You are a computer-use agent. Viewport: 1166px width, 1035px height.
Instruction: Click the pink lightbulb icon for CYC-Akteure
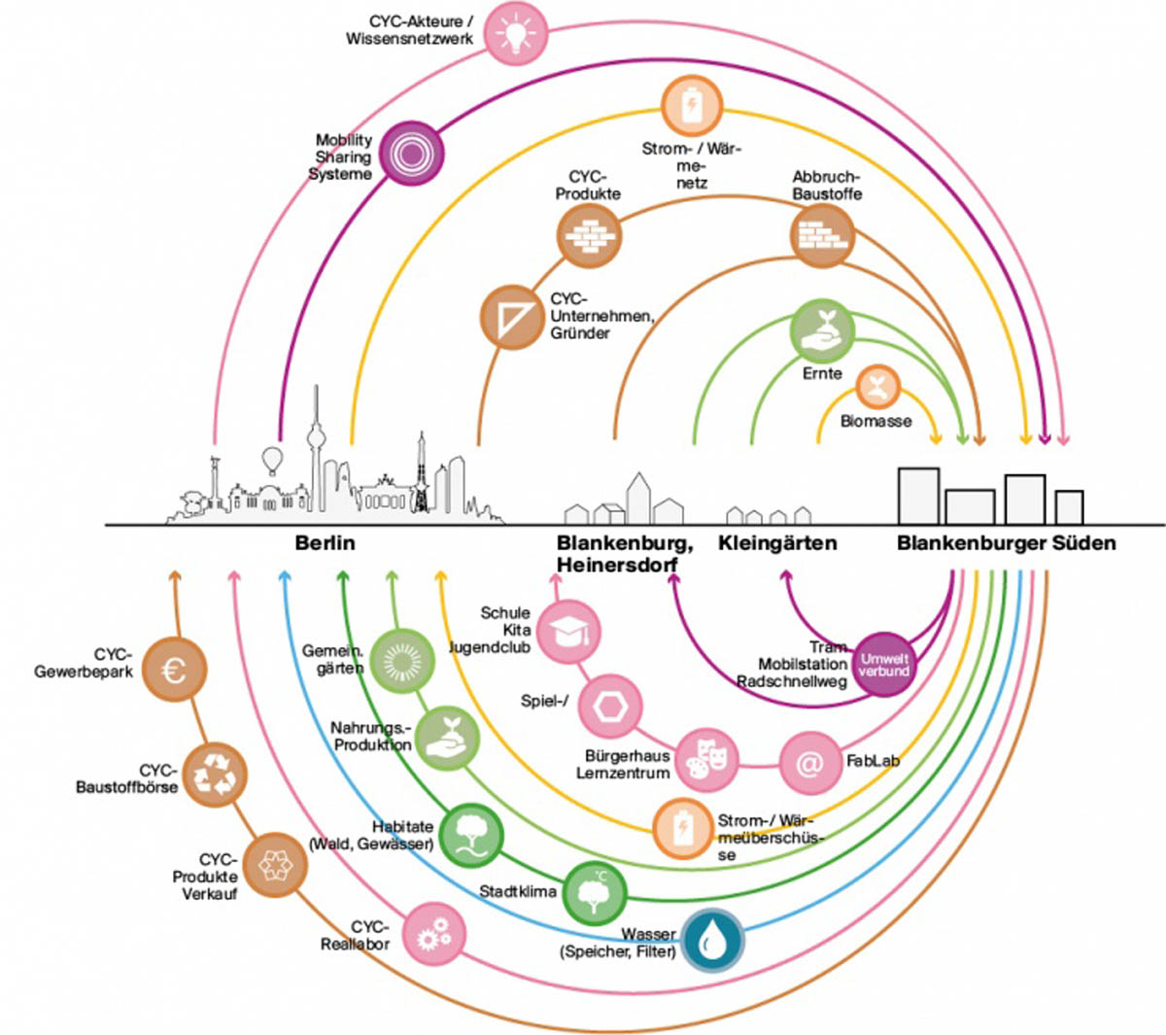coord(515,33)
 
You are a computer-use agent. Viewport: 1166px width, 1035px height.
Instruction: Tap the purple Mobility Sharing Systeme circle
coord(411,154)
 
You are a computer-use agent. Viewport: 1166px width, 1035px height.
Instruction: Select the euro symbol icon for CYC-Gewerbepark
coord(174,669)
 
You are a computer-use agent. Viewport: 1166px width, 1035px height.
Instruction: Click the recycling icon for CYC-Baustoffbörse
coord(215,775)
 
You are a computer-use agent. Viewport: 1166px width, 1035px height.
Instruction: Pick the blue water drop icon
coord(712,940)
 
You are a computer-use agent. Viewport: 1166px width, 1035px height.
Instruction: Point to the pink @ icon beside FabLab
coord(810,763)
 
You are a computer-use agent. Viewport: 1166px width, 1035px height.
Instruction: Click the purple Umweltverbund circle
coord(884,665)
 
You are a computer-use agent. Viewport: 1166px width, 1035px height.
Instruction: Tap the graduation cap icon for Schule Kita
coord(568,632)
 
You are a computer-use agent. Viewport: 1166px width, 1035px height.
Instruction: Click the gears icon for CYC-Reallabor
coord(433,934)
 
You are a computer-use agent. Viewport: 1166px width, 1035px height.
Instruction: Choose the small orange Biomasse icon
coord(877,387)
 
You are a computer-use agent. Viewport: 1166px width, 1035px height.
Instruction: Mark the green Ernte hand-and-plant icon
coord(822,331)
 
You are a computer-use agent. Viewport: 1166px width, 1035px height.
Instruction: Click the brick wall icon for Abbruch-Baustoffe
coord(822,236)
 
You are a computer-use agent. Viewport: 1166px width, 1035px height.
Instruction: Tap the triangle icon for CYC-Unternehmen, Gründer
coord(512,317)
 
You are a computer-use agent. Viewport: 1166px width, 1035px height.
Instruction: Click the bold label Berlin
coord(325,543)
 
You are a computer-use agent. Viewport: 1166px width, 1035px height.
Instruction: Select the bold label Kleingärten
coord(777,543)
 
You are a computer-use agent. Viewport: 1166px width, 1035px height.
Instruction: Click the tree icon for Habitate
coord(471,835)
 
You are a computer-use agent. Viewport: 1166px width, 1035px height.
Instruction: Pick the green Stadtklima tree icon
coord(594,893)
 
